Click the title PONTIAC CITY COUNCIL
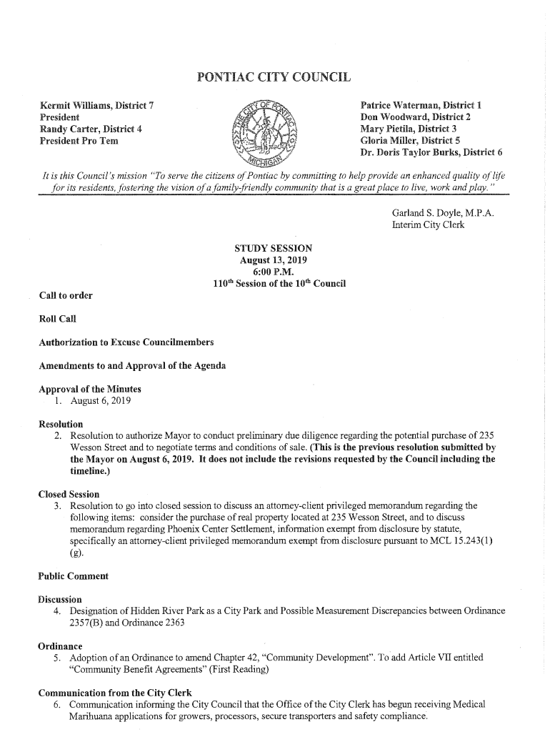[x=273, y=77]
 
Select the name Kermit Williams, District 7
[x=97, y=107]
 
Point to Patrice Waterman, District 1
[x=421, y=106]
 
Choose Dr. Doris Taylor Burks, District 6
[x=431, y=152]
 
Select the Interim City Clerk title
[x=428, y=224]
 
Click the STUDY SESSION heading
[x=273, y=249]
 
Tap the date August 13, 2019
[x=273, y=260]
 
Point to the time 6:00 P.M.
[x=273, y=272]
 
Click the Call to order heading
[x=66, y=295]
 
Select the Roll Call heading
[x=57, y=319]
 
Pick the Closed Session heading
[x=69, y=494]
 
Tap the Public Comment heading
[x=73, y=575]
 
